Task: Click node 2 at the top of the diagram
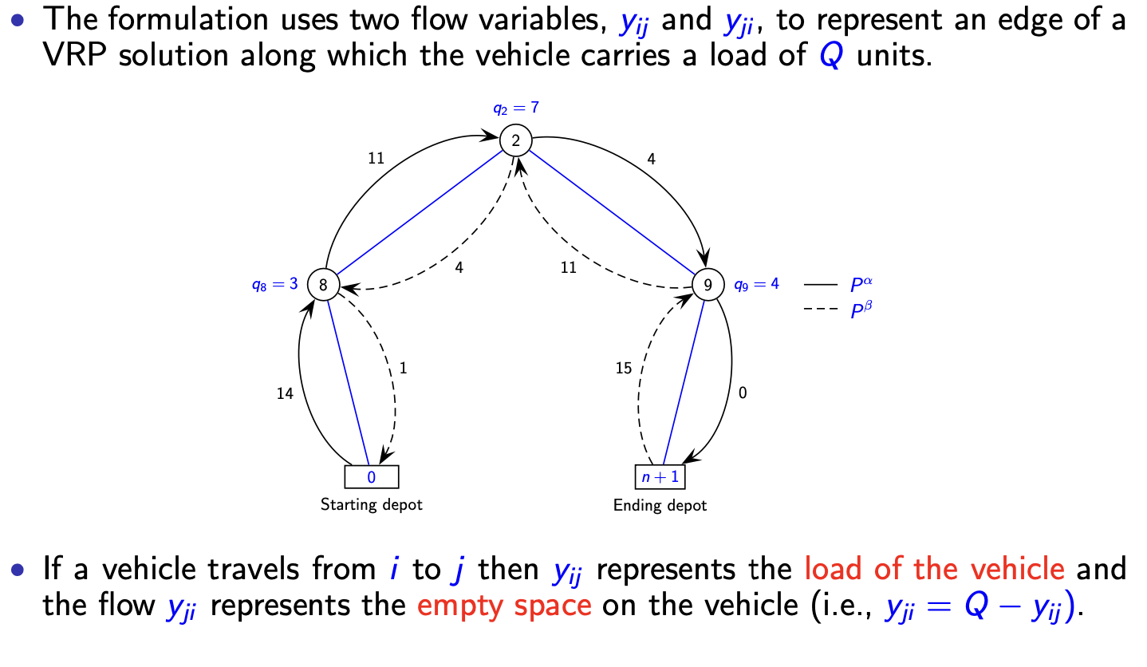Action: [515, 140]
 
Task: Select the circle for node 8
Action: [323, 283]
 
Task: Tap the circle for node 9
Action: [707, 283]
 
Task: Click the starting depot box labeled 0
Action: [371, 476]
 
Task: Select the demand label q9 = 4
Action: [756, 283]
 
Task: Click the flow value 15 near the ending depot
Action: [624, 369]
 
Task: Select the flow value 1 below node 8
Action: [404, 369]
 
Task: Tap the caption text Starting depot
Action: [371, 504]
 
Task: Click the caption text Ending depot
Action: [660, 505]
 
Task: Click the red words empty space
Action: [504, 606]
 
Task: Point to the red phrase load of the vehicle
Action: [934, 570]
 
